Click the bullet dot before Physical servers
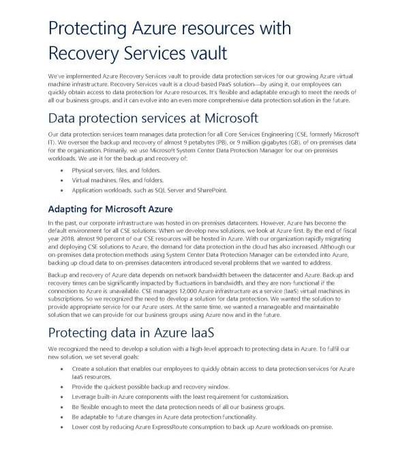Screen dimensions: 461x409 (x=62, y=169)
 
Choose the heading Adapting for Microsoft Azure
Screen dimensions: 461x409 (x=110, y=208)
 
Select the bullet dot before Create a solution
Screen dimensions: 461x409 (x=62, y=369)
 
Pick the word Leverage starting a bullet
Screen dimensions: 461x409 (x=85, y=396)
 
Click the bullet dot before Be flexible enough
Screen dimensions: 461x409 (x=62, y=406)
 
